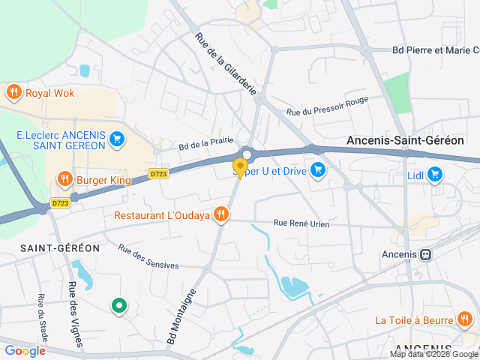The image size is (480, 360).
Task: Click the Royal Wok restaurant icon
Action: click(13, 93)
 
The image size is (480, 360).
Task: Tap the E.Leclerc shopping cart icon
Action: click(115, 139)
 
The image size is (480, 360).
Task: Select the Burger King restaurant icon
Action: click(64, 180)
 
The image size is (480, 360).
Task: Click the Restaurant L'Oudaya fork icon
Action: click(220, 215)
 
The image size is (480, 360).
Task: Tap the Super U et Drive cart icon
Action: click(318, 169)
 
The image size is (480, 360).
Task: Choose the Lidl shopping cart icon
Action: click(436, 175)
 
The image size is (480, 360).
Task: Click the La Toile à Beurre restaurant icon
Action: click(465, 320)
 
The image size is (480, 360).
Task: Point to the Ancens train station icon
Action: click(426, 254)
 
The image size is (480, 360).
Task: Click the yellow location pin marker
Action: click(240, 167)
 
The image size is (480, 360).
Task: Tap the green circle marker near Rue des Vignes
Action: click(118, 305)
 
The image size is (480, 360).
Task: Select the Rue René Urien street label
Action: click(301, 223)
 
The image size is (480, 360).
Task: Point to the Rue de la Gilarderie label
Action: click(225, 63)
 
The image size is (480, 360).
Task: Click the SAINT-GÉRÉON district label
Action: click(49, 247)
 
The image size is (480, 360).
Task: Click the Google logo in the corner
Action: click(25, 350)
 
